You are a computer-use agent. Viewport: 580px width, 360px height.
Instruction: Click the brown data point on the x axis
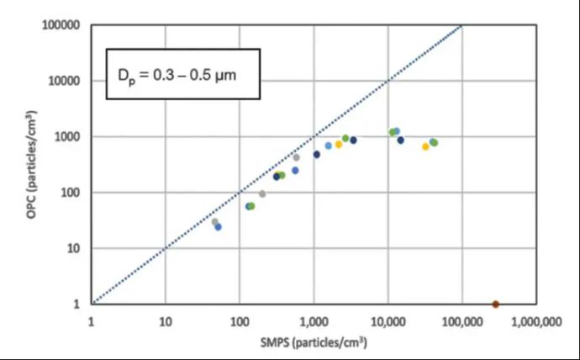click(x=495, y=304)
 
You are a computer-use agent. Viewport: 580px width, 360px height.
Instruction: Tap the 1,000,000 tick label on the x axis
click(x=535, y=321)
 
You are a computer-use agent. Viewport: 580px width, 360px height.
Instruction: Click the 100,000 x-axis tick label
click(x=461, y=321)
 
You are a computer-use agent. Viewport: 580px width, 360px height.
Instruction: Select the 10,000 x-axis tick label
click(x=388, y=321)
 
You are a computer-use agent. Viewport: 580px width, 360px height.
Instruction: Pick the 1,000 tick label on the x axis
click(x=314, y=321)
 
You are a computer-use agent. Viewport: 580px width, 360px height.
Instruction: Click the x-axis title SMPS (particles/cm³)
click(x=313, y=343)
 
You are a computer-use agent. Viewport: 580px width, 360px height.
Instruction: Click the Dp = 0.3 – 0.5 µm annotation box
click(x=182, y=75)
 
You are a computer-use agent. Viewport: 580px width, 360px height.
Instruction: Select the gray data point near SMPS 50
click(x=214, y=222)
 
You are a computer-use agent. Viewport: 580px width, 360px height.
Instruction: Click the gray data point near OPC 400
click(x=296, y=157)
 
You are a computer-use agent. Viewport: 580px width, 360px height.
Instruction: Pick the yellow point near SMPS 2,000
click(x=339, y=145)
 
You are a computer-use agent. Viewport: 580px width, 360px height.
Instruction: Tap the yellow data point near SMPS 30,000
click(x=425, y=146)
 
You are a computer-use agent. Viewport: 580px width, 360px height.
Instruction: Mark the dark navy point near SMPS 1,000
click(x=317, y=154)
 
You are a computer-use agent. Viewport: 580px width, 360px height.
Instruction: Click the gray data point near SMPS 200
click(x=262, y=193)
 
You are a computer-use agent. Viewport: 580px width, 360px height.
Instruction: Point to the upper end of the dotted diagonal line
click(x=461, y=25)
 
